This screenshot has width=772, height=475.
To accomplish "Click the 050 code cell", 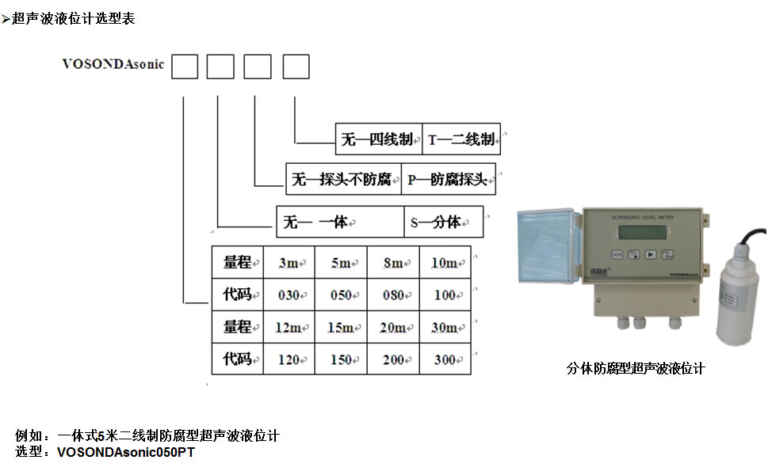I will [341, 295].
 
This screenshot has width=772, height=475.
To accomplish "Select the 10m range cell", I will [445, 263].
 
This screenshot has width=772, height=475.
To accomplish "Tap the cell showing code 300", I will [445, 360].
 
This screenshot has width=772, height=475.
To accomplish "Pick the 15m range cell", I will [341, 328].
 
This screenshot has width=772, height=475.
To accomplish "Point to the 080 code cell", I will [393, 295].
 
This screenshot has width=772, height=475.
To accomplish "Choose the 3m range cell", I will [289, 263].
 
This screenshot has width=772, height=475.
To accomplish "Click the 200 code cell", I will [393, 360].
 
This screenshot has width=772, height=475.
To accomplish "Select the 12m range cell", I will [289, 328].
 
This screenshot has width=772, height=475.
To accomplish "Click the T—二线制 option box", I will [461, 140].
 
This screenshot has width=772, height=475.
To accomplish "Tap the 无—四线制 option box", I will [377, 140].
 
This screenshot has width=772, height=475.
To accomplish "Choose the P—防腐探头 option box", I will [448, 180].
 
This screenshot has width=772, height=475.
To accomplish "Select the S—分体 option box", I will [443, 222].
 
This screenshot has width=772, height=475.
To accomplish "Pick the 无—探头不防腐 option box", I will [342, 180].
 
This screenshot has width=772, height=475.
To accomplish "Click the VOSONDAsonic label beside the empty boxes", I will [113, 65].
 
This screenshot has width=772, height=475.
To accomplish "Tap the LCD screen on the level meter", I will [642, 230].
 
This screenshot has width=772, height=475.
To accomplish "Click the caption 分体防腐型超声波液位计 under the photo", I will [636, 368].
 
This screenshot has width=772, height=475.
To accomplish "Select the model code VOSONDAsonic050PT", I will [126, 453].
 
